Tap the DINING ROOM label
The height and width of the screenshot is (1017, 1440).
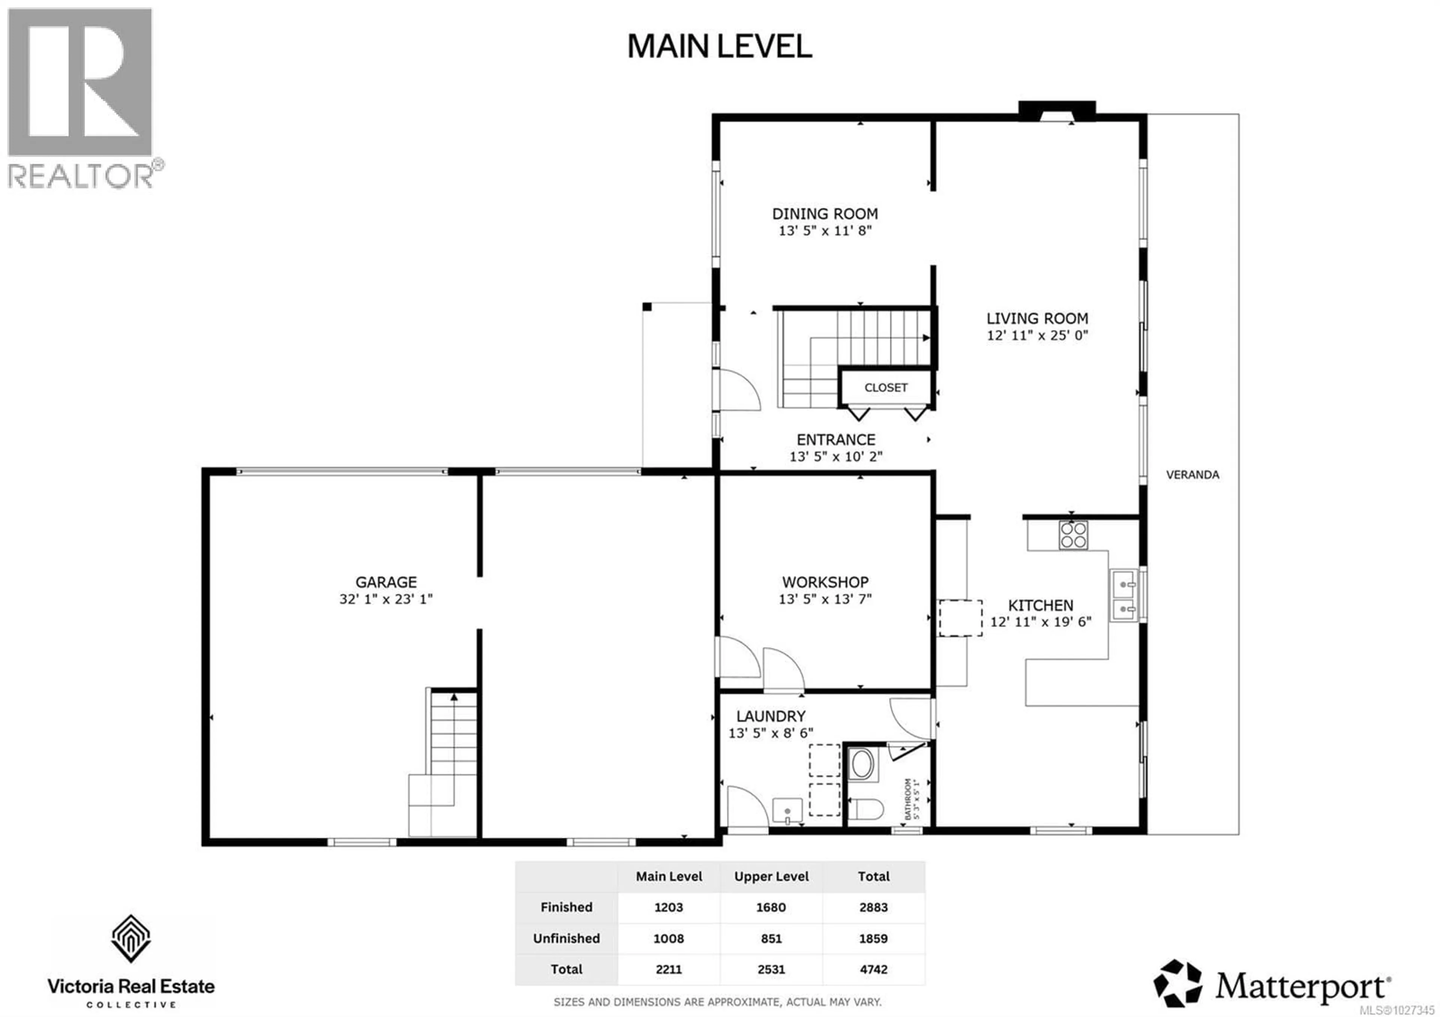[825, 214]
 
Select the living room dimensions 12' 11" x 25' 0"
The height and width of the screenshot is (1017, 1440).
[1037, 336]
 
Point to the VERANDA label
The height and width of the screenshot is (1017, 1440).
[1192, 475]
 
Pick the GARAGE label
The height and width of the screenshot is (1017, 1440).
[386, 582]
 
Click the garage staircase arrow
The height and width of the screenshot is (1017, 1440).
[453, 697]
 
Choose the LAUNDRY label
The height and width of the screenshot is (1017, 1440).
[771, 716]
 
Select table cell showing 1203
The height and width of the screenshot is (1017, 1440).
[669, 907]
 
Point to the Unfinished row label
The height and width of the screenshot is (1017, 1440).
[566, 939]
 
